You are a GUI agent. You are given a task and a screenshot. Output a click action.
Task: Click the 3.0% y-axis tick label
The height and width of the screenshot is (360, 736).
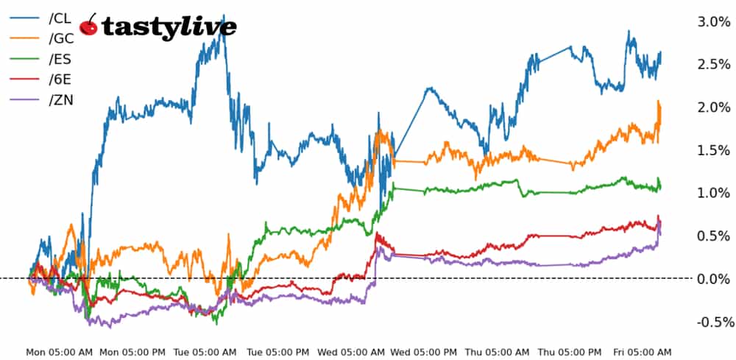(x=713, y=22)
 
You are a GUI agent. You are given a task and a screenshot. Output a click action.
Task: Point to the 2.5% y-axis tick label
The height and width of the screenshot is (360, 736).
(x=713, y=65)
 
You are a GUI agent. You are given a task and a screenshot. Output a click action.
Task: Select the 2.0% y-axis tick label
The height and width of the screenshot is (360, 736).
(x=713, y=107)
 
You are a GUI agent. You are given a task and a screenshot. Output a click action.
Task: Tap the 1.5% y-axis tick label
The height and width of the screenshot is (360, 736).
(x=713, y=150)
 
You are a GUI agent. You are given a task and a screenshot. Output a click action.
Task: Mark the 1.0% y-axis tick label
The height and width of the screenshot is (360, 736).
(x=713, y=193)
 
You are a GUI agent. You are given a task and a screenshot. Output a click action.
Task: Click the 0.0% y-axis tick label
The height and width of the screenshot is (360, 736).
(x=713, y=278)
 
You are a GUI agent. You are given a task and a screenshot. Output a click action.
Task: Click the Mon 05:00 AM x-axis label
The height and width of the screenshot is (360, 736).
(x=59, y=353)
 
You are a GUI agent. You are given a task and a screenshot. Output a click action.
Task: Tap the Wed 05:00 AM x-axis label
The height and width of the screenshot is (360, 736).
(x=352, y=353)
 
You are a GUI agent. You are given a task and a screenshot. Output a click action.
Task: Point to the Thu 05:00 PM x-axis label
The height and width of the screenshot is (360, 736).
(x=571, y=353)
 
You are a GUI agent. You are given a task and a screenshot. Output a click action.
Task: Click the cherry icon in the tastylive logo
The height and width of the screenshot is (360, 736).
(x=89, y=25)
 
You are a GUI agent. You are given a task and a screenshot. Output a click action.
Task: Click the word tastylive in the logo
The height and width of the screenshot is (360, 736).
(x=169, y=27)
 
